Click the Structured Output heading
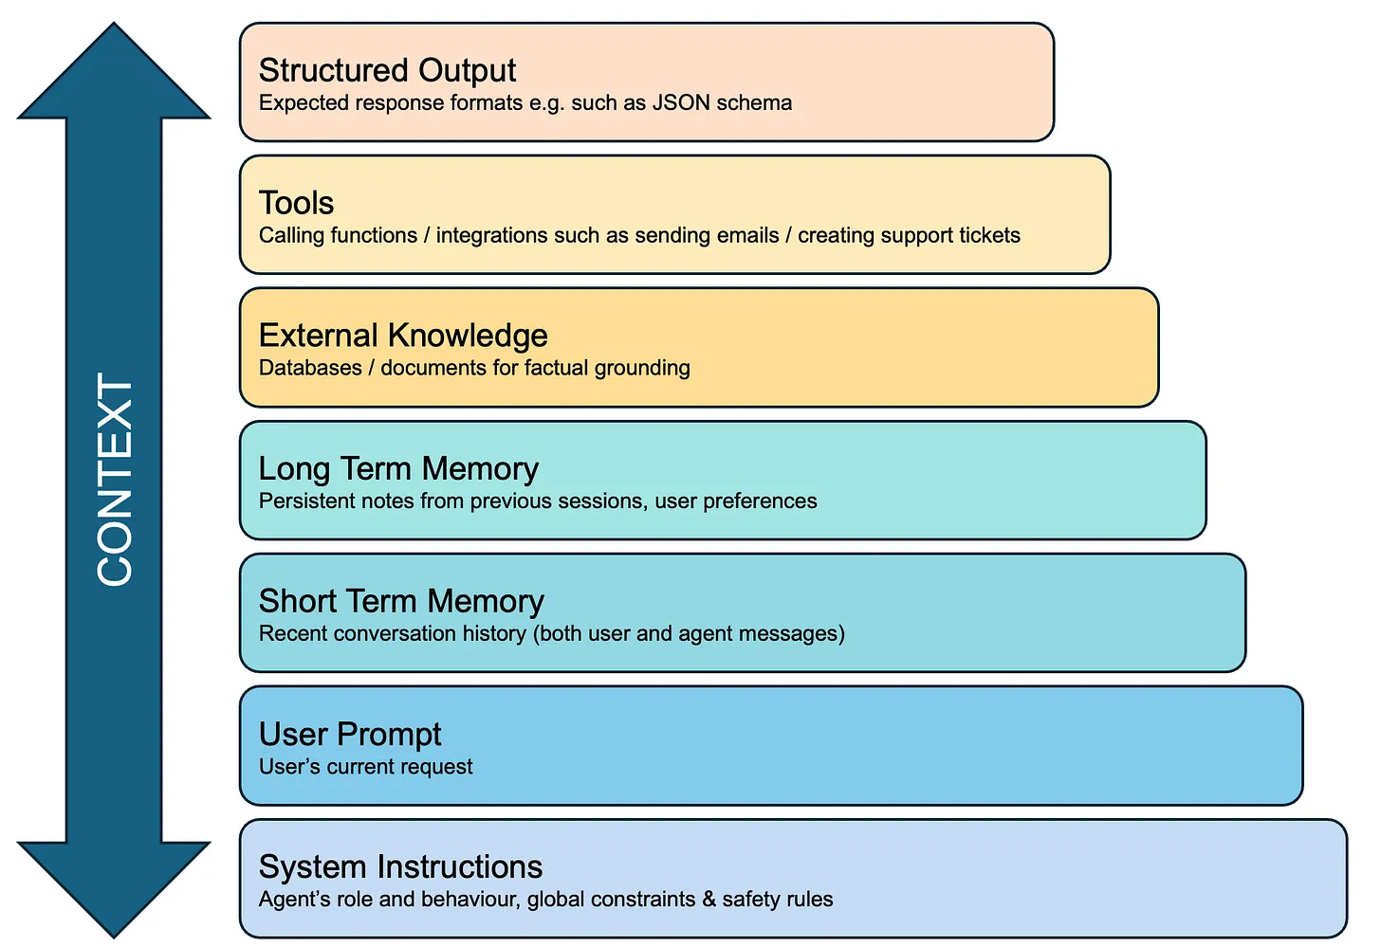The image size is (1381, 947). click(387, 70)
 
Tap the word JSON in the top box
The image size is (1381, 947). click(681, 102)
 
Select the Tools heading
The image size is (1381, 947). click(296, 203)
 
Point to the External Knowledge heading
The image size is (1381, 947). click(403, 336)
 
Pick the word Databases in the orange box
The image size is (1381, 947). click(310, 368)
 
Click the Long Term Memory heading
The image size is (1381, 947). click(398, 468)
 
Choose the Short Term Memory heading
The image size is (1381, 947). click(401, 601)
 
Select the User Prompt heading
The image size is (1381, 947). click(350, 734)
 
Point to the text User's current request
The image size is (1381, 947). click(365, 766)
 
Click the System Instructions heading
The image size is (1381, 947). click(400, 866)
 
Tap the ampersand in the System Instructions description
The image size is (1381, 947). click(709, 899)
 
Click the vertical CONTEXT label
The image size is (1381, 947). click(115, 480)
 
